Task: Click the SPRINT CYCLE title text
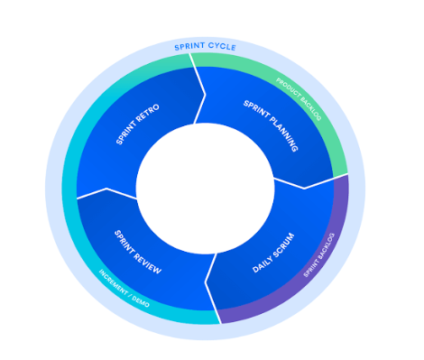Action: (206, 45)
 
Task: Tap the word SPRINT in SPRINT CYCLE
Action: (190, 45)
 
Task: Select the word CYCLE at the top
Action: (222, 45)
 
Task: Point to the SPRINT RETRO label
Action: (138, 124)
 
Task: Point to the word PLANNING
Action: (281, 135)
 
